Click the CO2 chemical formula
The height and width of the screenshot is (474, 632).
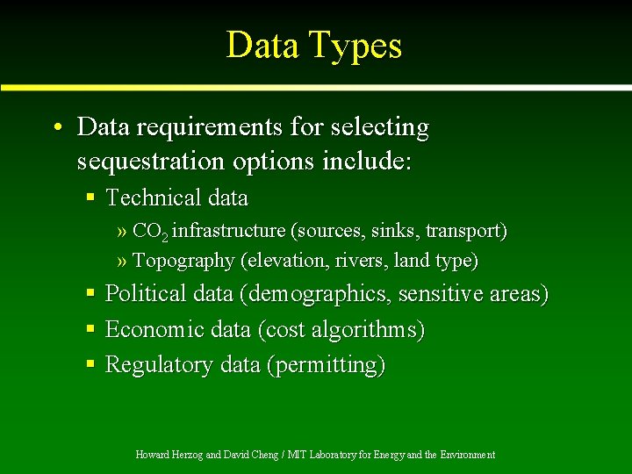tap(150, 232)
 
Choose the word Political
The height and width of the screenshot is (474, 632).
tap(146, 294)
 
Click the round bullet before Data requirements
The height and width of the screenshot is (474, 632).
tap(56, 128)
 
